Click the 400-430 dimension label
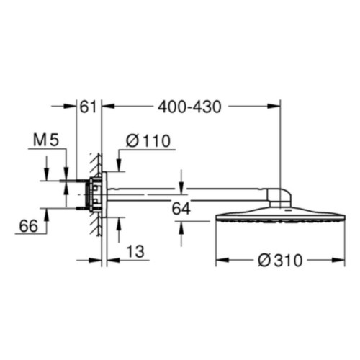pos(189,107)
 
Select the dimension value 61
pos(88,107)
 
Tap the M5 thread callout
pos(46,140)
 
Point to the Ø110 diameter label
pos(148,140)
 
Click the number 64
pos(181,209)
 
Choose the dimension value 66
pos(29,226)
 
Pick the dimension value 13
pos(135,251)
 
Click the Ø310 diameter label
pos(280,261)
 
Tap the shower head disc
pos(280,215)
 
